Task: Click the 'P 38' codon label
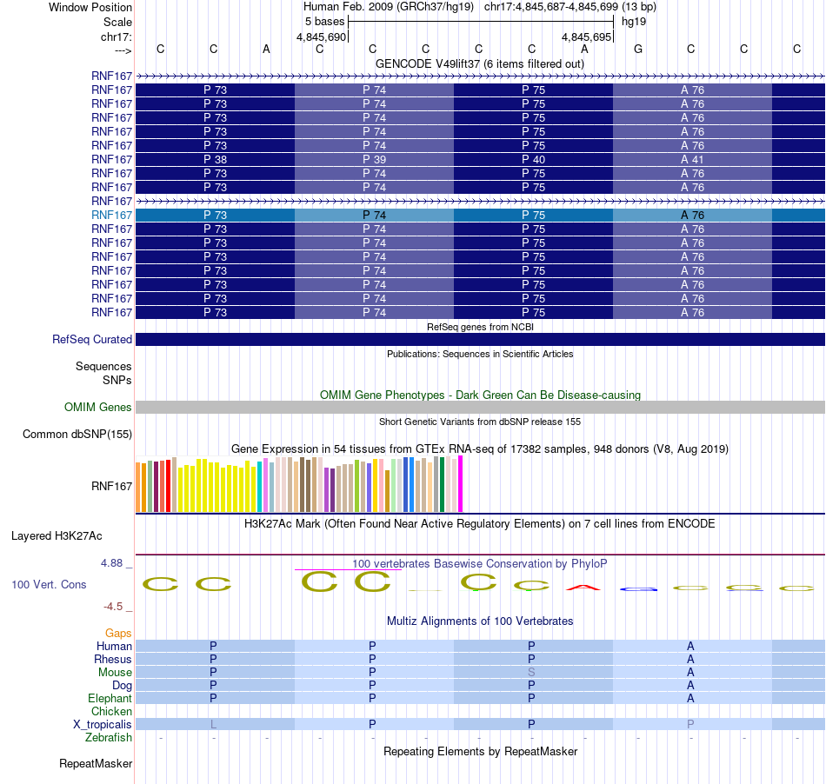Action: coord(215,160)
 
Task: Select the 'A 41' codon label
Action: coord(692,160)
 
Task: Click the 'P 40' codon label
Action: coord(533,160)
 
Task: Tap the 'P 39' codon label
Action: coord(374,160)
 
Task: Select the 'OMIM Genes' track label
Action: coord(98,407)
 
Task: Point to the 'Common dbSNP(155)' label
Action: coord(77,435)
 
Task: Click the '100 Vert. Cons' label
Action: coord(49,585)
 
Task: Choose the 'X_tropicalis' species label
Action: coord(103,725)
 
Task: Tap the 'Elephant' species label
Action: coord(110,699)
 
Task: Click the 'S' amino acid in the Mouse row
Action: coord(531,673)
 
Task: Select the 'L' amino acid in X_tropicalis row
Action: coord(213,725)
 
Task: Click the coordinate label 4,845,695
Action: coord(585,37)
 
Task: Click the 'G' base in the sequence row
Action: coord(638,50)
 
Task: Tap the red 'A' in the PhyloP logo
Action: coord(583,588)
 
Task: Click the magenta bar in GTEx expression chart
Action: coord(461,484)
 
